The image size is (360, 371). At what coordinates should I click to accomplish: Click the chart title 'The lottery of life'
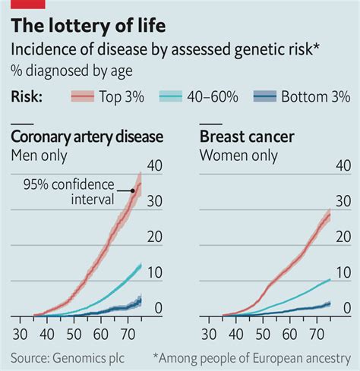[88, 27]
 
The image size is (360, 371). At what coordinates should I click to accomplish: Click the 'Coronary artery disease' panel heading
[87, 137]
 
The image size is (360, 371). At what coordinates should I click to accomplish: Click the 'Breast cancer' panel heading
[246, 137]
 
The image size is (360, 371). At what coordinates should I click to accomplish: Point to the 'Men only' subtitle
[39, 156]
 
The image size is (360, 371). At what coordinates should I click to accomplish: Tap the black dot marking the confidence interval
[132, 191]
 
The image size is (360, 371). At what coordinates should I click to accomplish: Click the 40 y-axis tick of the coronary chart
[155, 166]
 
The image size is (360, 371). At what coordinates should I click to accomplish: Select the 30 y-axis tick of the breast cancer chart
[343, 202]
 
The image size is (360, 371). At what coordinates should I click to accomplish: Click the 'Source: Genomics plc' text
[69, 357]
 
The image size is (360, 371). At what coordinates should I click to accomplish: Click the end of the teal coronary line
[141, 266]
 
